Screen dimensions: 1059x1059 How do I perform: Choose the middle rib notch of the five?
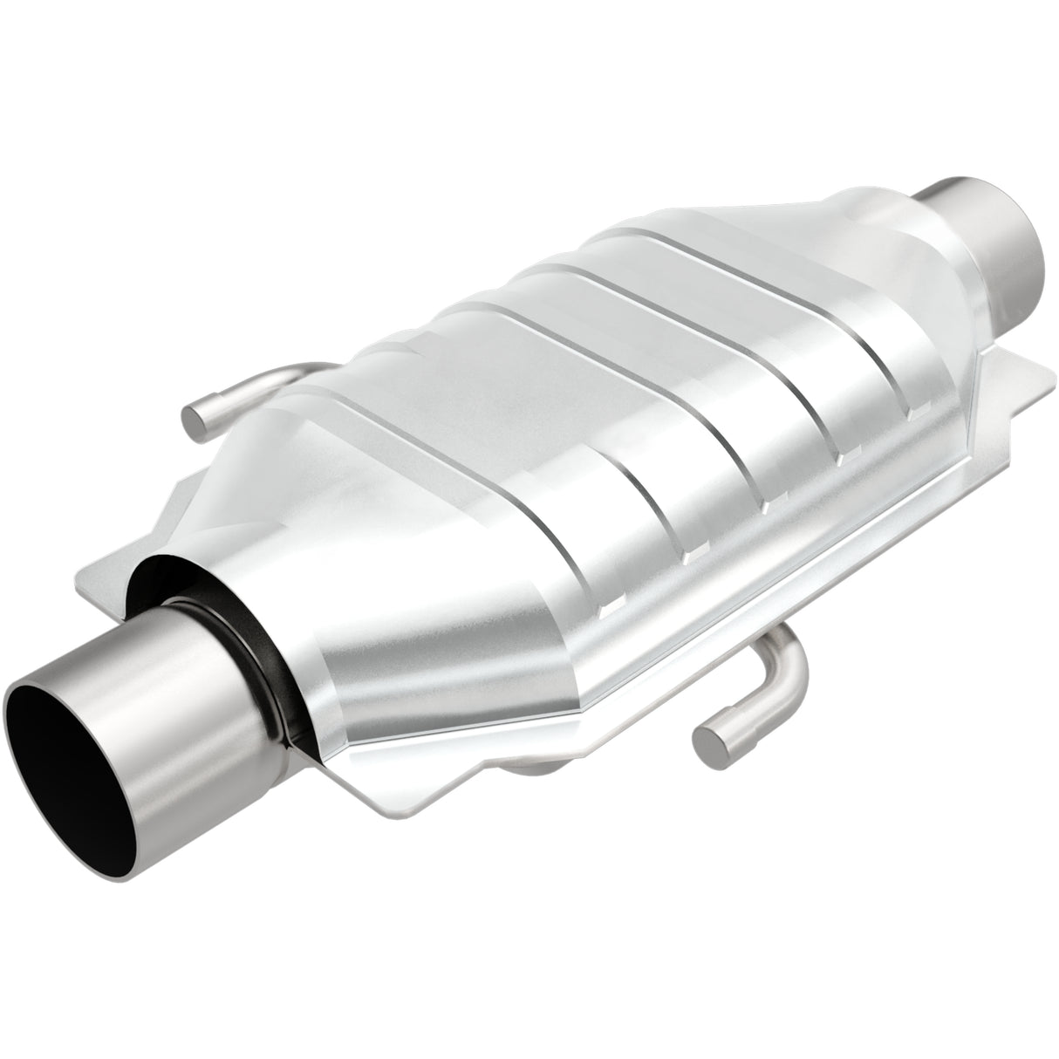(766, 504)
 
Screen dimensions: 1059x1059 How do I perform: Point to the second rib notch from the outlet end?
(841, 454)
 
